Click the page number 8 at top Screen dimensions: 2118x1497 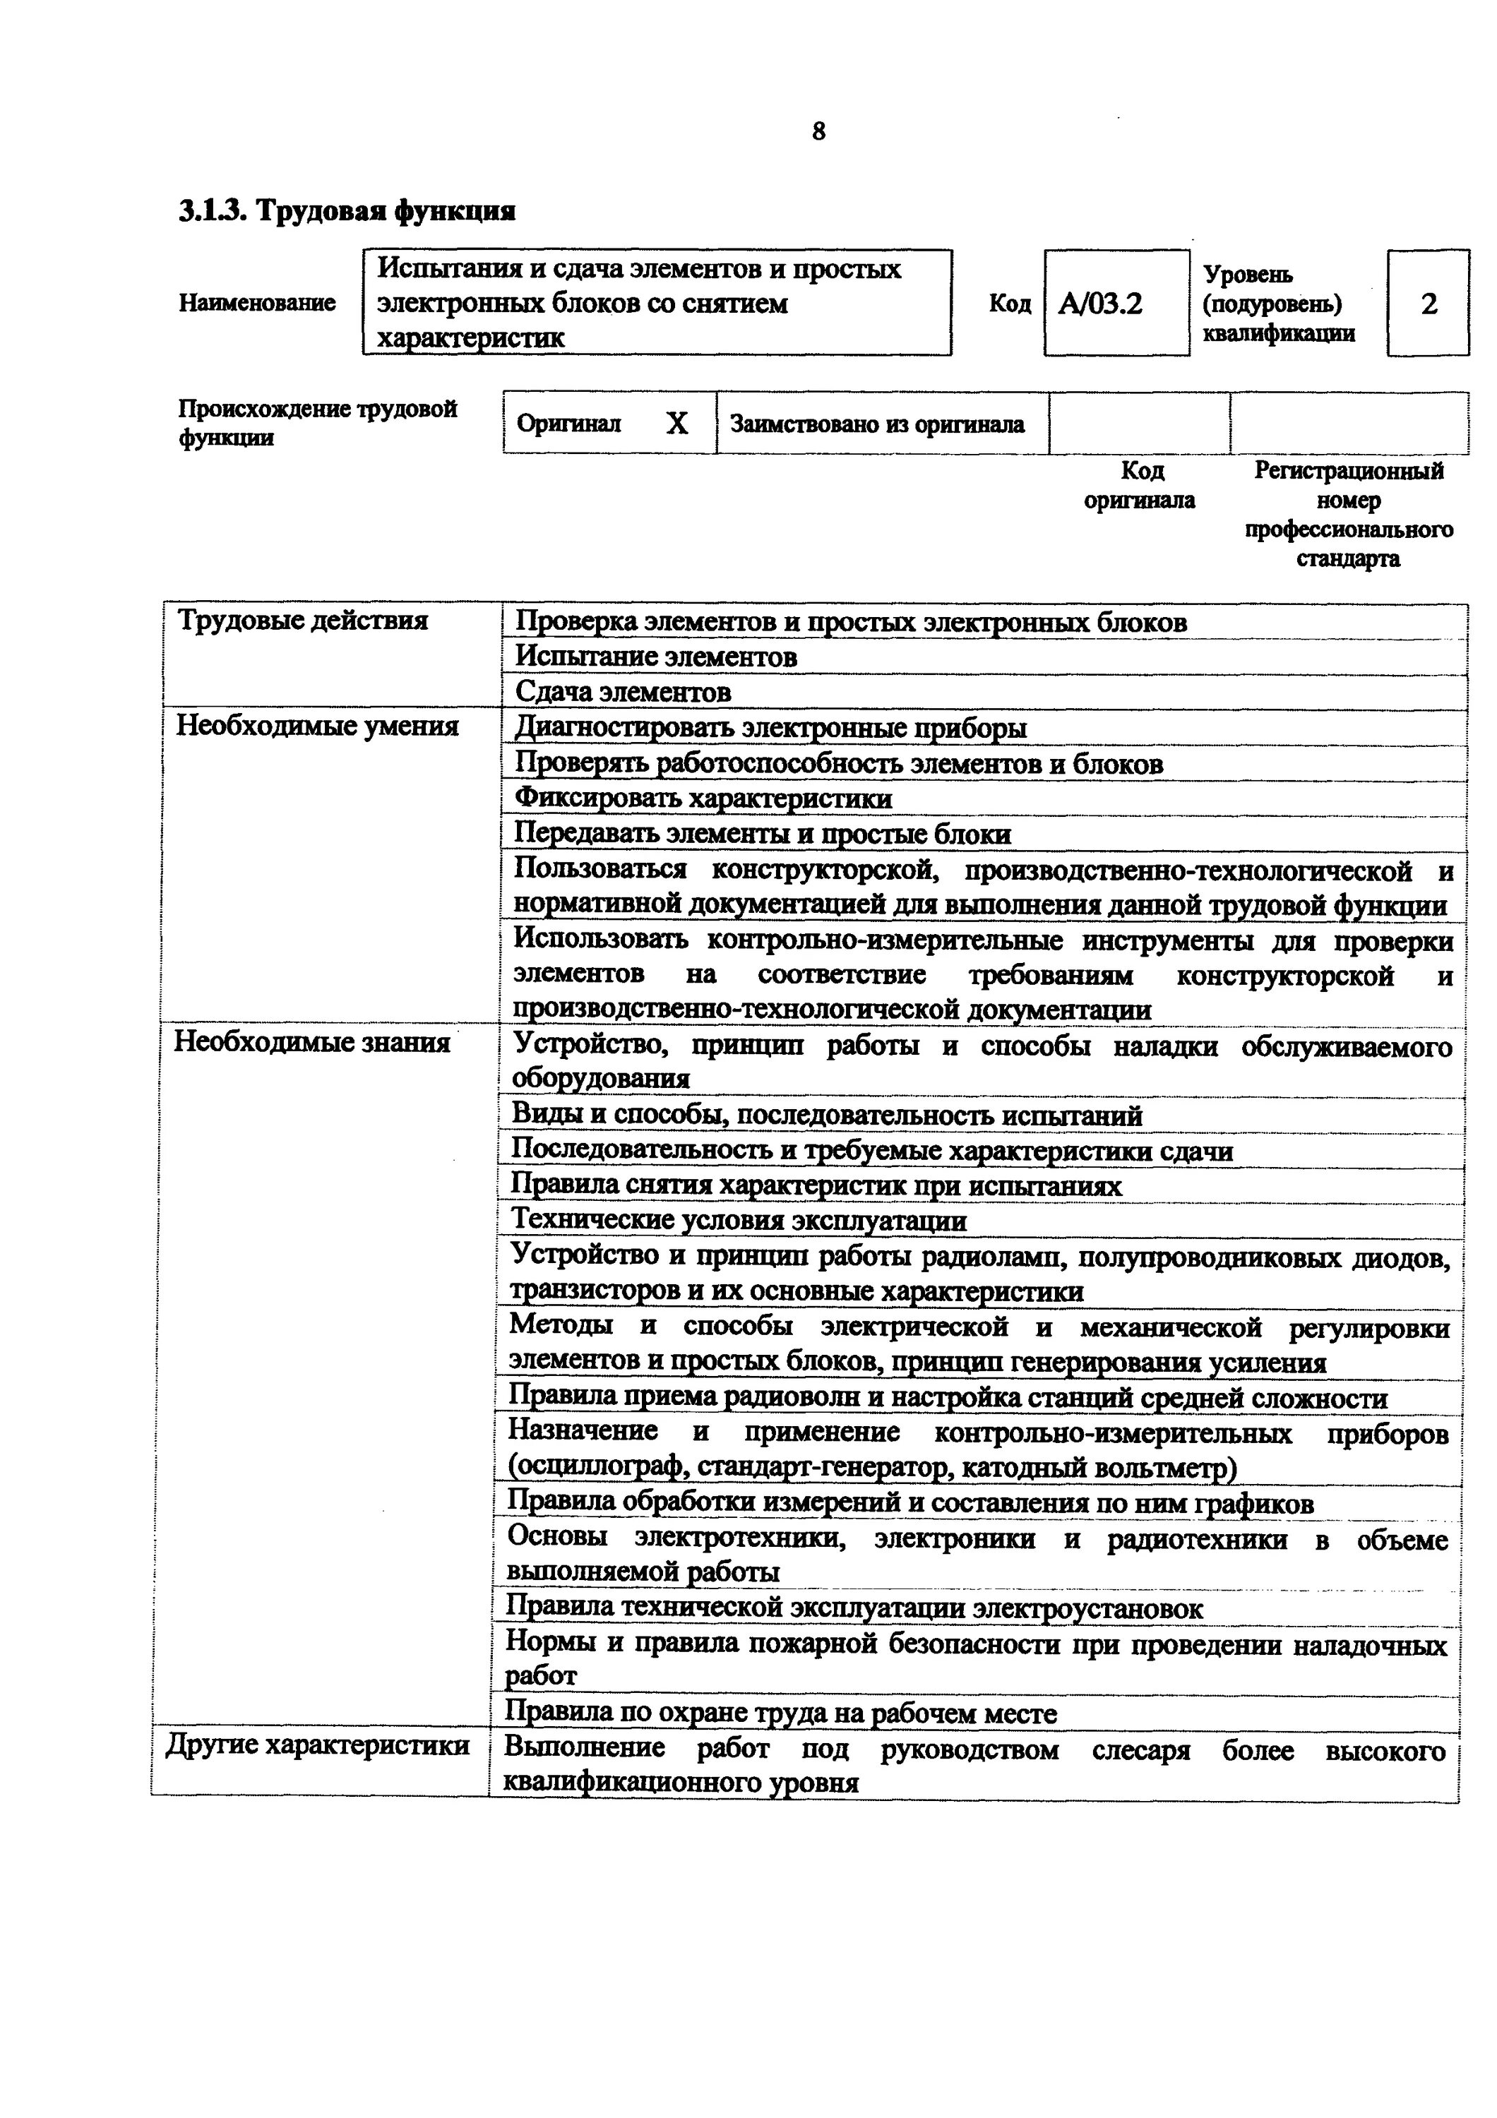coord(818,132)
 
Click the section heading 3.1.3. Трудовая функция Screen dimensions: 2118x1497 coord(347,211)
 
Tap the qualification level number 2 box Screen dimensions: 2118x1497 coord(1428,304)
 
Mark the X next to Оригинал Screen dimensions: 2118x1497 coord(677,424)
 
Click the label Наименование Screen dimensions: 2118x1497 coord(256,303)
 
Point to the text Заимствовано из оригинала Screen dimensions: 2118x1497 coord(877,424)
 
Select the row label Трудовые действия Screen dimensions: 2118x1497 coord(302,620)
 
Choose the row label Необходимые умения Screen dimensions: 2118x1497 coord(317,726)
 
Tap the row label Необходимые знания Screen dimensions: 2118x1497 coord(312,1042)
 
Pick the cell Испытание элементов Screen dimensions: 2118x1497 coord(656,657)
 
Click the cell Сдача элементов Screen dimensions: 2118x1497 coord(623,692)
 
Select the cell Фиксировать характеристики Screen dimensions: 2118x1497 coord(703,798)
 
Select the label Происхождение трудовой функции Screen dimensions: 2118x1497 coord(317,422)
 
